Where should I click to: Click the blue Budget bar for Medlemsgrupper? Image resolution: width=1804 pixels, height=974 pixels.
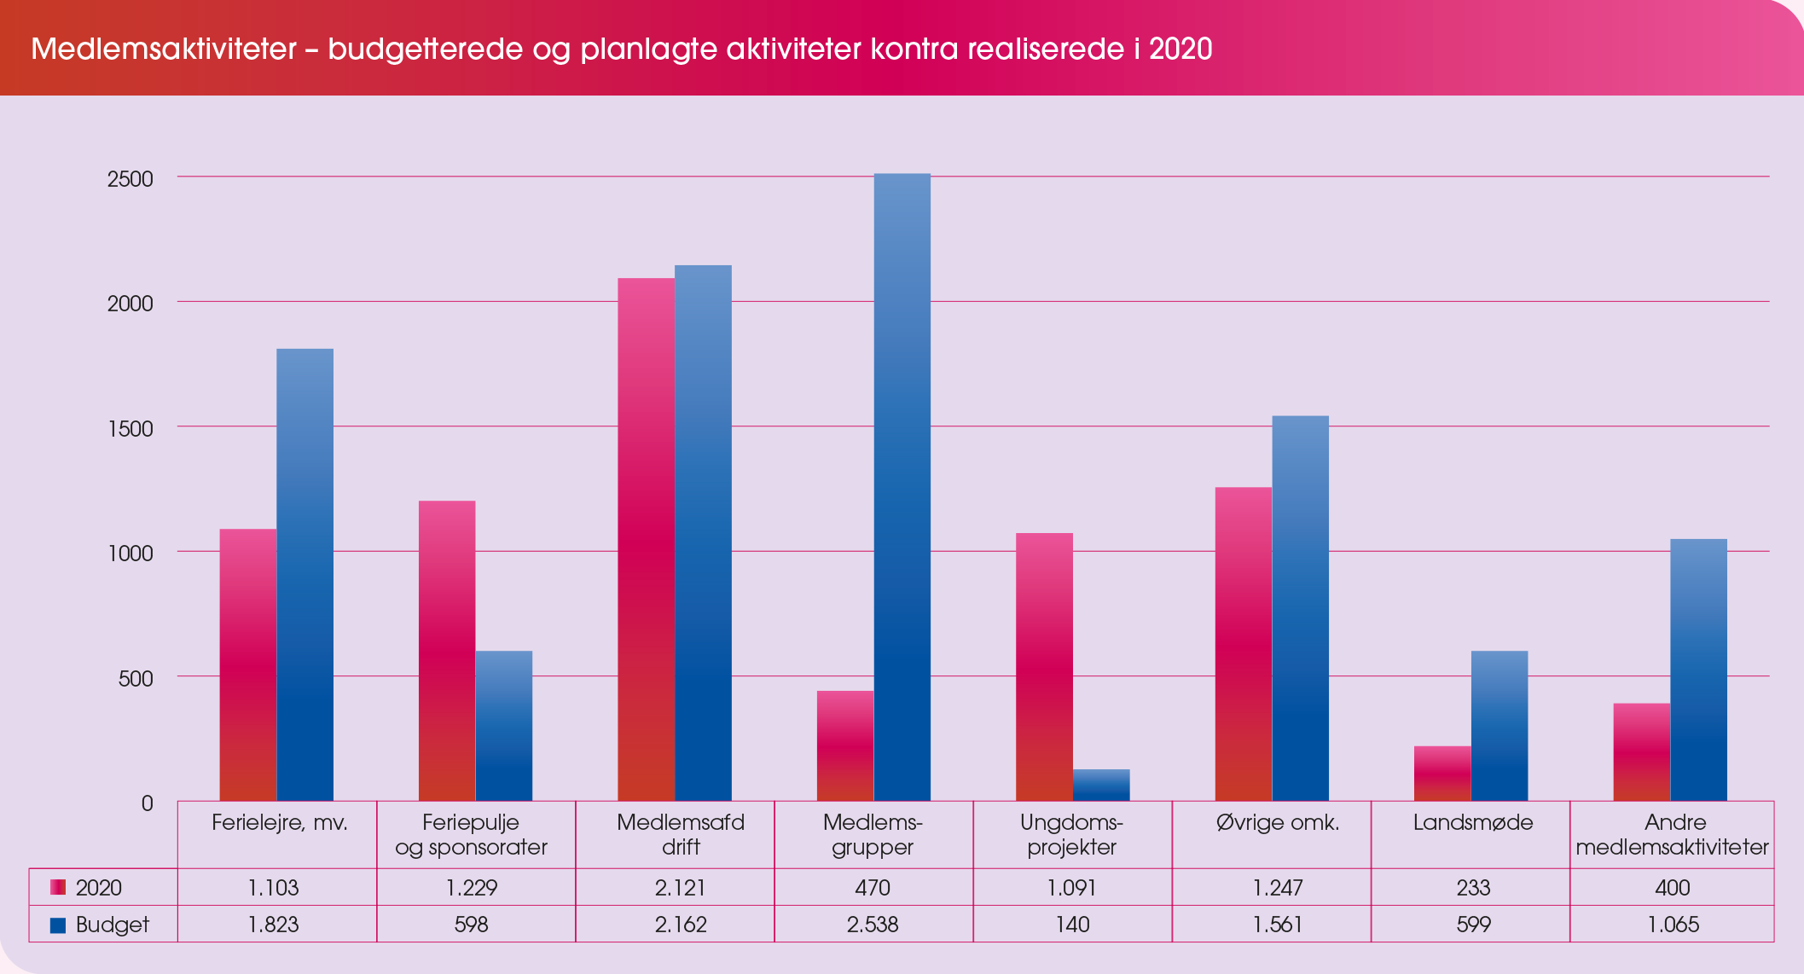coord(902,487)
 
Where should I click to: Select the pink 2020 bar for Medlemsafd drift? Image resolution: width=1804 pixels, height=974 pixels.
coord(646,539)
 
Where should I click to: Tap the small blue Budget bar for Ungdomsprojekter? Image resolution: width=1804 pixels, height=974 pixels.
coord(1100,785)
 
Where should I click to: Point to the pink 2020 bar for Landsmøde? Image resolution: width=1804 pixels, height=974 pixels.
coord(1442,774)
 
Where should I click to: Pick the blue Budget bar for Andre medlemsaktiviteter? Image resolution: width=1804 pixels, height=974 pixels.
coord(1698,670)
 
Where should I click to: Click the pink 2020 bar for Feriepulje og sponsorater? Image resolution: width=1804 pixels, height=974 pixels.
coord(447,650)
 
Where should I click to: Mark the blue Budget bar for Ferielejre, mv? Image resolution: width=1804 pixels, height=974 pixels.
coord(305,574)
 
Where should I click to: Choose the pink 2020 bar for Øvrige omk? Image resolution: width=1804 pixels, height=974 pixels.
coord(1243,644)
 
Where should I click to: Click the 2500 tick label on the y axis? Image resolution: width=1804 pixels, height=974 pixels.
coord(130,179)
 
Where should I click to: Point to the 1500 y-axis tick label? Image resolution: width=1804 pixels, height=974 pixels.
coord(130,429)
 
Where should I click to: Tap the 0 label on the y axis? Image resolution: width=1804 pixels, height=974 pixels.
coord(147,803)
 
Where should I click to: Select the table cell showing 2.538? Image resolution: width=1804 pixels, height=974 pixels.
coord(873,925)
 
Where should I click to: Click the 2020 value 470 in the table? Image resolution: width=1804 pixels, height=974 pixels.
coord(873,888)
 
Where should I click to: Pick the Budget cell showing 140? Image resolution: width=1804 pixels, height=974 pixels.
coord(1072,925)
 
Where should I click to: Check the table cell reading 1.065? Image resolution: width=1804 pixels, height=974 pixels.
coord(1673,925)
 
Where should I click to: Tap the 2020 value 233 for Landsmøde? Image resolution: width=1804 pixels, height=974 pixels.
coord(1473,888)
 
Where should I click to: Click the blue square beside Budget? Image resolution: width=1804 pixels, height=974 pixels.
coord(58,925)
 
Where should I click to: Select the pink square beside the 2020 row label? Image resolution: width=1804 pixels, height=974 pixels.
coord(58,888)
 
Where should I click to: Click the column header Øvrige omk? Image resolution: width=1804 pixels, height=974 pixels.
coord(1277,823)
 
